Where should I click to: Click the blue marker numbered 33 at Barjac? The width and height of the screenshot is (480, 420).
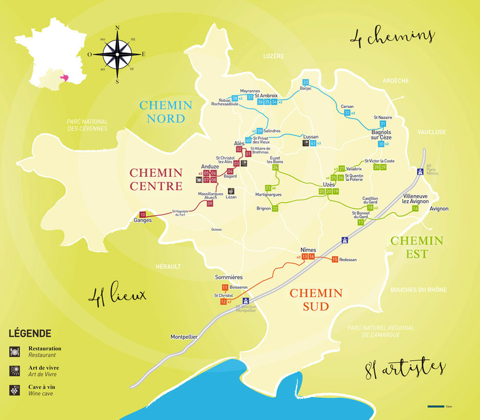(305, 82)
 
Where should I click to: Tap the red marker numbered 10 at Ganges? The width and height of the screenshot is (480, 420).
(142, 215)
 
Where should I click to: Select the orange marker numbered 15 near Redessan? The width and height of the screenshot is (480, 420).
(335, 259)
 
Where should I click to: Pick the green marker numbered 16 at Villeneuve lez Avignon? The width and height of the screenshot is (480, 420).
(415, 208)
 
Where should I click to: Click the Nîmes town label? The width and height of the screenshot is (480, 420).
(308, 250)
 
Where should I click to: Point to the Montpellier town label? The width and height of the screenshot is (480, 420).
(184, 337)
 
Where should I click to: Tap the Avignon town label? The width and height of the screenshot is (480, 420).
(439, 209)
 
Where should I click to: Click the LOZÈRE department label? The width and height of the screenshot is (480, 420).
(274, 56)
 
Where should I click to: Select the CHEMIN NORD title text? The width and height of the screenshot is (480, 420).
(166, 112)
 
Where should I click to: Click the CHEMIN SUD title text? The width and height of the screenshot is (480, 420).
(316, 300)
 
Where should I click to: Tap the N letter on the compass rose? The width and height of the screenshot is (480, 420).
(117, 28)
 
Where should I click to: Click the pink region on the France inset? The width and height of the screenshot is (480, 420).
(64, 77)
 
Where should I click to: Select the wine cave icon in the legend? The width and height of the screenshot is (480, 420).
(14, 390)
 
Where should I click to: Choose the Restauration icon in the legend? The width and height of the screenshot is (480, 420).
(14, 352)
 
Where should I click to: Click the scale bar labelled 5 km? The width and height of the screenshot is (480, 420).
(436, 407)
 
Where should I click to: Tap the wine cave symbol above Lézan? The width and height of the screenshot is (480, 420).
(231, 191)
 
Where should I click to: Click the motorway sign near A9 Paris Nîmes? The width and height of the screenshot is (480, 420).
(420, 172)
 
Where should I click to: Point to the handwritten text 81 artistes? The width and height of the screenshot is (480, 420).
(404, 368)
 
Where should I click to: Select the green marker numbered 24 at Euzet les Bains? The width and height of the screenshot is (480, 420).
(275, 167)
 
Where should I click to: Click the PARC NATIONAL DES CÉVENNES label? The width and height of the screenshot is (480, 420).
(87, 125)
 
